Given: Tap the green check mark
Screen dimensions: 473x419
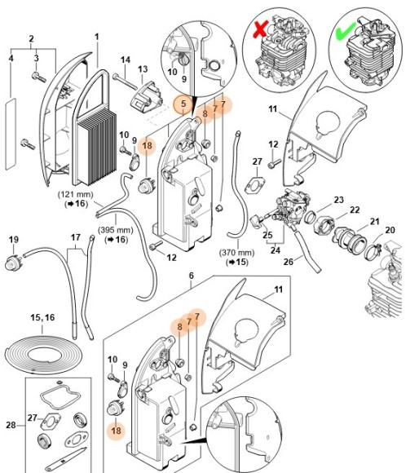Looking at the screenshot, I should pyautogui.click(x=344, y=35).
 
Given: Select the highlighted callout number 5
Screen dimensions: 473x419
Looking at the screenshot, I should pyautogui.click(x=183, y=104).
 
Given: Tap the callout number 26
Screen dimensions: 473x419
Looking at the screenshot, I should pyautogui.click(x=311, y=262).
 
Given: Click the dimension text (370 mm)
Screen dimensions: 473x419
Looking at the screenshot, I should pyautogui.click(x=238, y=253).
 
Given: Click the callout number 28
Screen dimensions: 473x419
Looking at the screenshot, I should pyautogui.click(x=10, y=424).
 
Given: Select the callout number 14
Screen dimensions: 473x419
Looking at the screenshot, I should pyautogui.click(x=126, y=60).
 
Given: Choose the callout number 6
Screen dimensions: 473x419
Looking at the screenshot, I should pyautogui.click(x=192, y=276).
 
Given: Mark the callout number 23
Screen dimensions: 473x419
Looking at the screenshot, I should pyautogui.click(x=338, y=200).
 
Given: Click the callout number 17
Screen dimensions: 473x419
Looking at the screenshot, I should pyautogui.click(x=75, y=239).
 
